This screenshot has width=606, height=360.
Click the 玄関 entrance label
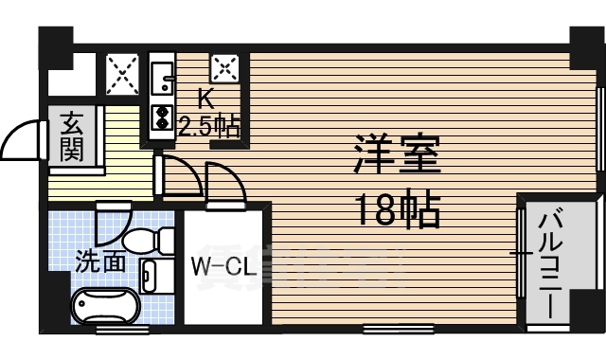pos(73,136)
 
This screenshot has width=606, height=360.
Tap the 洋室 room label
pos(398,153)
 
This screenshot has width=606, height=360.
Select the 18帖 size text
pos(398,210)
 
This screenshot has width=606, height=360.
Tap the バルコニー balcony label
pos(552,267)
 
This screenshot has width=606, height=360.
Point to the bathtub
pos(105,307)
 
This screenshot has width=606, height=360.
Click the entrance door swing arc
pos(23,143)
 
